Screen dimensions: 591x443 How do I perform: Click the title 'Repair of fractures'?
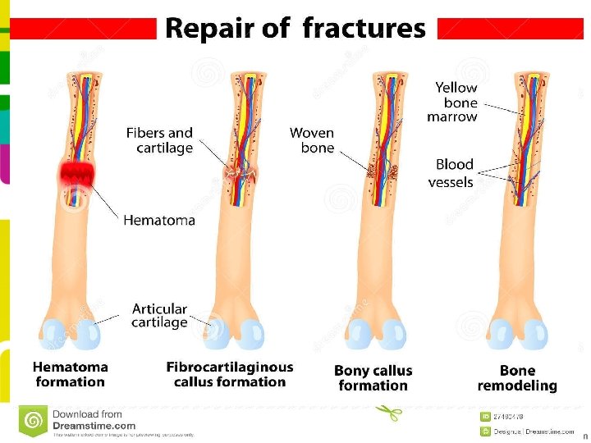click(x=295, y=29)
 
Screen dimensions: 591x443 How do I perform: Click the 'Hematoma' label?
click(x=159, y=220)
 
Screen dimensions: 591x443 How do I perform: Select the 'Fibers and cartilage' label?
click(x=159, y=140)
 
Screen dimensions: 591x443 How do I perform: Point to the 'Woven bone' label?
click(x=313, y=140)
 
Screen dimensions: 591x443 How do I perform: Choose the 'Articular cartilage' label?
click(x=159, y=315)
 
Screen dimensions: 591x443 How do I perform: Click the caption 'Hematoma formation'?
click(x=71, y=375)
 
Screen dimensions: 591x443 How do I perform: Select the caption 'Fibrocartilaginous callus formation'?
click(x=230, y=375)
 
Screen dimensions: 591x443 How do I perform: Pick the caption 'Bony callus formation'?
click(x=373, y=378)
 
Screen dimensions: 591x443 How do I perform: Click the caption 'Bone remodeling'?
click(x=517, y=378)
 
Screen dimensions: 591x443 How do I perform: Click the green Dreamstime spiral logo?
click(x=34, y=421)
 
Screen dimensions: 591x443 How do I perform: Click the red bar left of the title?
click(x=82, y=30)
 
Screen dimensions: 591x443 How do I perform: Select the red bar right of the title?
click(x=510, y=30)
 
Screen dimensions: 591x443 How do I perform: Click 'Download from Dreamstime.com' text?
click(x=93, y=420)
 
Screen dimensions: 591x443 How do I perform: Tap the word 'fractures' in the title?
click(x=364, y=29)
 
